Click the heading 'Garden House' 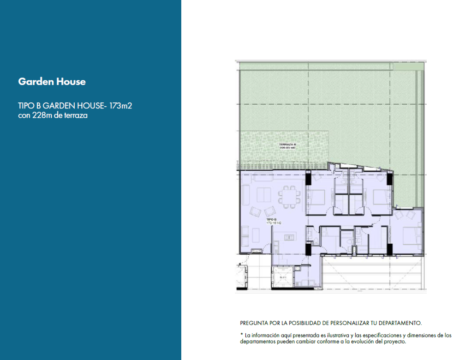[52, 82]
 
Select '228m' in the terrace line [43, 116]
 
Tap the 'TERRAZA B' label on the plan [287, 144]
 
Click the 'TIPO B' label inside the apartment [271, 219]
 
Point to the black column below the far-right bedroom [390, 248]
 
